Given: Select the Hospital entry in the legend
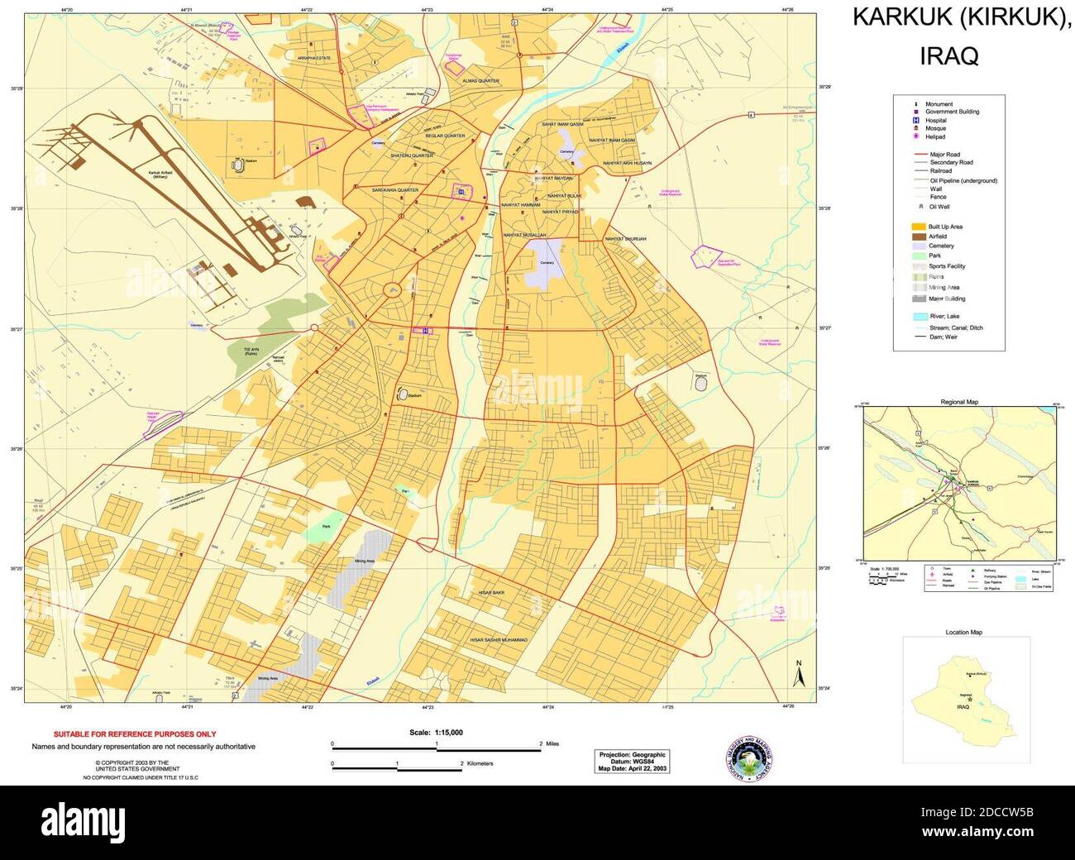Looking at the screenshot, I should (935, 121).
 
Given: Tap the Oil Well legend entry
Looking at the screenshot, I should (939, 208).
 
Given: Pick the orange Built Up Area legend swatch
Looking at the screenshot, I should (918, 227).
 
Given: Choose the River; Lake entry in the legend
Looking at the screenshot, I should (943, 317).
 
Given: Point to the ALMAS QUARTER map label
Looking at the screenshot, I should (480, 81).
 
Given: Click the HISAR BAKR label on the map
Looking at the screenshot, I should (491, 593).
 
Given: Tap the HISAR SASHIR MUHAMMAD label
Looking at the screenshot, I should (499, 640).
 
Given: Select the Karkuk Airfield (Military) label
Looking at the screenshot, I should (160, 174).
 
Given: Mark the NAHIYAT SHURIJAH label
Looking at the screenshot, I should (625, 239).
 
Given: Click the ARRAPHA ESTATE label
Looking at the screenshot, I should (314, 58).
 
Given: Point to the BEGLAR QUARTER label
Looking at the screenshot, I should (445, 136).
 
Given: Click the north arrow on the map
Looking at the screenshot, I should (799, 675).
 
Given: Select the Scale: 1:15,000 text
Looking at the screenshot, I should (436, 733).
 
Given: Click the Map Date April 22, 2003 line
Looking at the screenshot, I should (633, 768).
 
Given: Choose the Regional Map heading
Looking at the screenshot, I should (959, 402).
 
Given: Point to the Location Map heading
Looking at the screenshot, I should (964, 633).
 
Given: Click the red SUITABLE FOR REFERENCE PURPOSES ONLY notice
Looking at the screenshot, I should (135, 734).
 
